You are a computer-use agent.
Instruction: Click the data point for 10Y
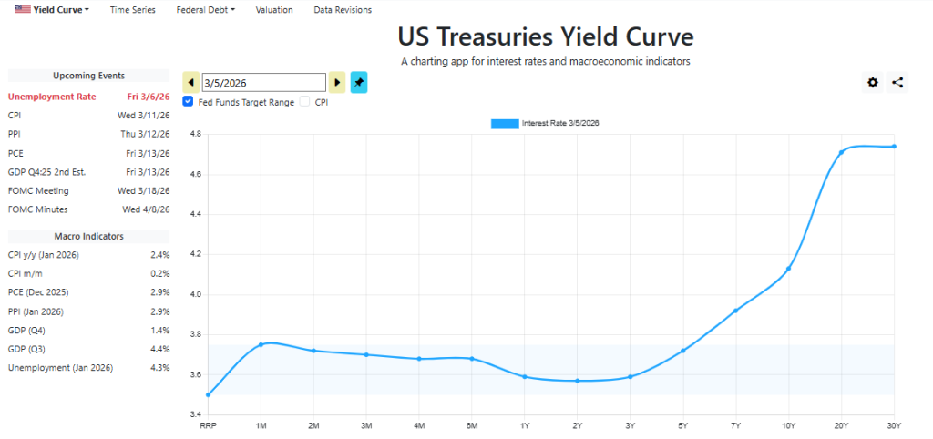(x=788, y=269)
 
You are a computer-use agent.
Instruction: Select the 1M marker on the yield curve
(x=261, y=344)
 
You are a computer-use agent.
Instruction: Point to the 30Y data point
(x=894, y=147)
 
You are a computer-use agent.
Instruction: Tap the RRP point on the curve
(x=208, y=394)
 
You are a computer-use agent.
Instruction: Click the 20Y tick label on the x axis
(x=841, y=425)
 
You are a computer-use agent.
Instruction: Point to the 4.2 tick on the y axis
(x=194, y=254)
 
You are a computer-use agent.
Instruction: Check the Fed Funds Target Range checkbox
(x=189, y=102)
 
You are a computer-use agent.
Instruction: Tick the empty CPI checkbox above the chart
(x=305, y=102)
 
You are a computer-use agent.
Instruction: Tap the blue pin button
(x=359, y=82)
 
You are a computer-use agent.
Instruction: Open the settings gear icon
(x=873, y=83)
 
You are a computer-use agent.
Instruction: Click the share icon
(x=897, y=83)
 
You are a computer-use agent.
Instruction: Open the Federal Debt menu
(x=205, y=10)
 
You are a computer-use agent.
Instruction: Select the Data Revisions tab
(x=343, y=10)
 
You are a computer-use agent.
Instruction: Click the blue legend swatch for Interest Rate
(x=505, y=123)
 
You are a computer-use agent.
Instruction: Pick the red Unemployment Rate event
(x=52, y=97)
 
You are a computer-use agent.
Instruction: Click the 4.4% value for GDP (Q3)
(x=159, y=349)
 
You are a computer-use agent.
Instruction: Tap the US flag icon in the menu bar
(x=22, y=9)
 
